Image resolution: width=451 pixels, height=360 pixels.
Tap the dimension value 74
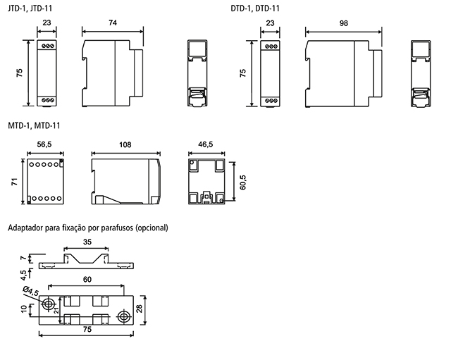click(x=113, y=23)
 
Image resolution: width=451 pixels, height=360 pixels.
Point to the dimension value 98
click(x=343, y=23)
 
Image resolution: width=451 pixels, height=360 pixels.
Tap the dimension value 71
click(x=14, y=182)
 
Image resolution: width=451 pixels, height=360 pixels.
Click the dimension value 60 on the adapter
click(x=86, y=279)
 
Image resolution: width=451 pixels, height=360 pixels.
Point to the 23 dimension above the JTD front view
click(x=47, y=23)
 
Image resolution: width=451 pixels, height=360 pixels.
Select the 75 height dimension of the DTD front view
click(x=242, y=73)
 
